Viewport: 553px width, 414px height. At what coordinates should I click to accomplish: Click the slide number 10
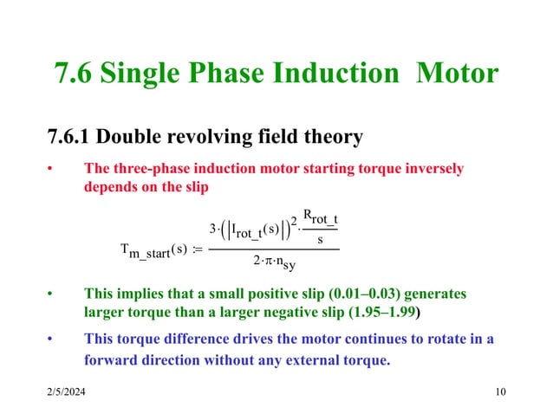tap(498, 395)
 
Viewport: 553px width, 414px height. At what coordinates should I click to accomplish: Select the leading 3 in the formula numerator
tap(213, 229)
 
